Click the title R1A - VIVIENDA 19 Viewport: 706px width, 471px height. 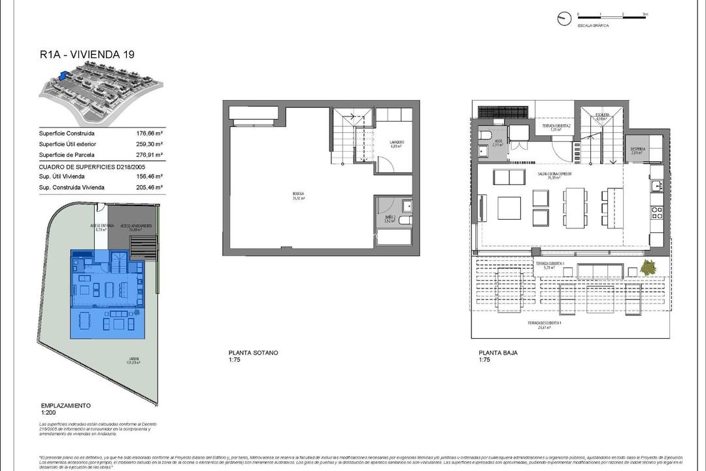tap(87, 55)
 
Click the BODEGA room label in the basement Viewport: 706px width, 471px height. tap(299, 195)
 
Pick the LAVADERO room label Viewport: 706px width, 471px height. tap(396, 143)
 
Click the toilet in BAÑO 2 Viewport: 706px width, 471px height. tap(405, 207)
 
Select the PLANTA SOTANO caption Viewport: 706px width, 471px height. tap(253, 353)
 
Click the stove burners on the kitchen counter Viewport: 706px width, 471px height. tap(656, 213)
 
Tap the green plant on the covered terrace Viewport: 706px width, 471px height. tap(649, 267)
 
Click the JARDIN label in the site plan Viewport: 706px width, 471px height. tap(133, 360)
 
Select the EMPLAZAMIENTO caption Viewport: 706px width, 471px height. tap(65, 405)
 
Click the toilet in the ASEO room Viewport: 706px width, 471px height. tap(484, 135)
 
